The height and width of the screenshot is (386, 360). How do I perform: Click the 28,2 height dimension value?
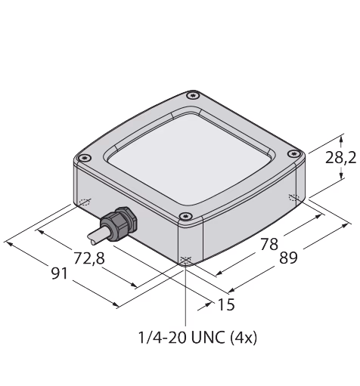click(x=340, y=159)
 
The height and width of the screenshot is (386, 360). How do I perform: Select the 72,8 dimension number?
click(x=89, y=258)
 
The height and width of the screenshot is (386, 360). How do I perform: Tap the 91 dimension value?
click(x=60, y=273)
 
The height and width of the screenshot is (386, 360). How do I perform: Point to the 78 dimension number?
click(x=269, y=244)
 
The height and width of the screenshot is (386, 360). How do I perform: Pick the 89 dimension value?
click(x=288, y=258)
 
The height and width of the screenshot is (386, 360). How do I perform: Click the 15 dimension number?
click(x=226, y=304)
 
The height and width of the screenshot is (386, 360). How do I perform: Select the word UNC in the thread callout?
click(x=208, y=338)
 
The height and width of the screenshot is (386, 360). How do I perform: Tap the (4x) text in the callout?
click(x=244, y=338)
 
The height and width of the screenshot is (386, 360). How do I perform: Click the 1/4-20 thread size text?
click(x=163, y=338)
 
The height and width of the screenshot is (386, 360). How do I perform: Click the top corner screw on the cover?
click(x=193, y=96)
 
